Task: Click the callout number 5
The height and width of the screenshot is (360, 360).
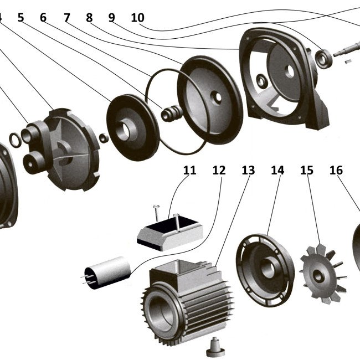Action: [21, 17]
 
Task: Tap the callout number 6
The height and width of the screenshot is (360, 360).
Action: [44, 17]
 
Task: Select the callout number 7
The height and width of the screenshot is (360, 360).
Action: [67, 17]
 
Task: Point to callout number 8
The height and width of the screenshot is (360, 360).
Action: [89, 17]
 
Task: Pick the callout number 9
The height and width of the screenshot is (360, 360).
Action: [111, 17]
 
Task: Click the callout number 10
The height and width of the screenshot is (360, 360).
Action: [137, 17]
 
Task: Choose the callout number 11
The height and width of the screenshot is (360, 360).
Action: [189, 169]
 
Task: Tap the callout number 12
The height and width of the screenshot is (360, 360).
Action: [219, 169]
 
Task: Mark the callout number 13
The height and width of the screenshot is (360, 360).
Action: [248, 169]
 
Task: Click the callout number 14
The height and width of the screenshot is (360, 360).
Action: [277, 169]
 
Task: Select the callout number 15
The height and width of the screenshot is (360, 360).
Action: [307, 169]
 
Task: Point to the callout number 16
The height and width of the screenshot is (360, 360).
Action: [336, 169]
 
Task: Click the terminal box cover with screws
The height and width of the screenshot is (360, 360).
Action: [169, 230]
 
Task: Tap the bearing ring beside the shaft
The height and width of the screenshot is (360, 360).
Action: [323, 59]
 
